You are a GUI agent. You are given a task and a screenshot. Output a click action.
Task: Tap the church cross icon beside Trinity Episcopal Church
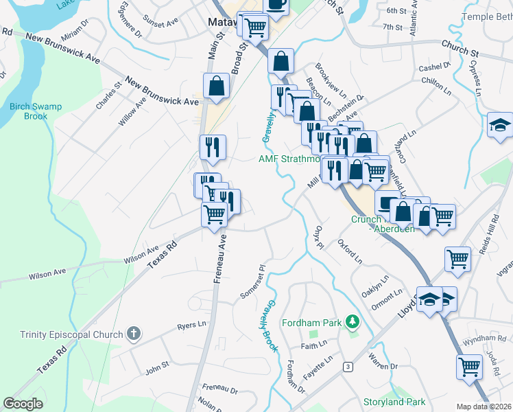point(134,334)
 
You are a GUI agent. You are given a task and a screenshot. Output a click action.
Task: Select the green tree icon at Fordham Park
point(353,321)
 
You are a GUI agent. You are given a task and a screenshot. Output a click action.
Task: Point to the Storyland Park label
point(395,402)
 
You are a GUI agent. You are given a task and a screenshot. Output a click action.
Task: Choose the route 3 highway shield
point(348,367)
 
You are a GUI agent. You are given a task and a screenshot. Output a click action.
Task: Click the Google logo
point(23,404)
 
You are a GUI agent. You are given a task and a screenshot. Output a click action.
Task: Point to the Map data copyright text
point(484,407)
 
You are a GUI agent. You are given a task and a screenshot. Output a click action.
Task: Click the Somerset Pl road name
point(252,283)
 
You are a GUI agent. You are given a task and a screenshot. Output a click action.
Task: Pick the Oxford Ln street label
point(350,251)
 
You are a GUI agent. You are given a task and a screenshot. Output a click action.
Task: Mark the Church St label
point(460,51)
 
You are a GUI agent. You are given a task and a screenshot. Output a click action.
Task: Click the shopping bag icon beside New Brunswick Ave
point(216,87)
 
